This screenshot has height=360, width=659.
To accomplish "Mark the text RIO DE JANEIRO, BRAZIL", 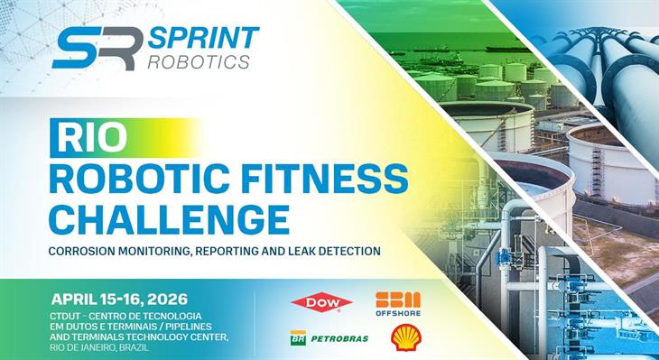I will click(108, 346).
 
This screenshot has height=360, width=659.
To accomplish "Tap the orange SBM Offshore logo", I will click(398, 300).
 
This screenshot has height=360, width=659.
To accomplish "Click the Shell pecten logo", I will click(404, 338).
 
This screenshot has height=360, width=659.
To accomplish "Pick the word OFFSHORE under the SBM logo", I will click(398, 313).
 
